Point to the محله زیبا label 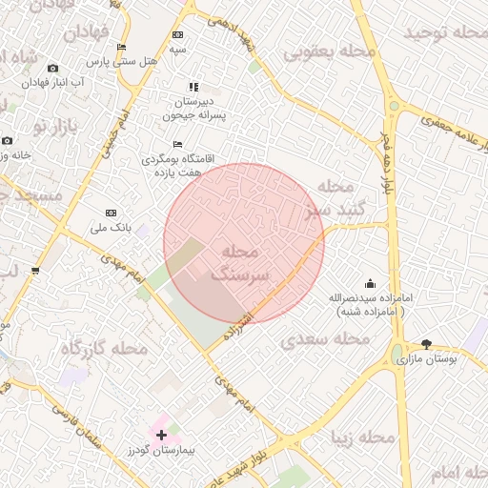click(362, 437)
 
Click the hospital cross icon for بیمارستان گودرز click(160, 435)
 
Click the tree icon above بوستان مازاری click(425, 344)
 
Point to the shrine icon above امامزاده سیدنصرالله click(370, 283)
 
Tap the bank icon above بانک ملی click(111, 213)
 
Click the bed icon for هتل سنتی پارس click(121, 48)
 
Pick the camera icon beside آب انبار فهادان click(52, 68)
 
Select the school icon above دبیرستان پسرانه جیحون click(194, 87)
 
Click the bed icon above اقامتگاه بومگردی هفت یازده click(178, 144)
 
